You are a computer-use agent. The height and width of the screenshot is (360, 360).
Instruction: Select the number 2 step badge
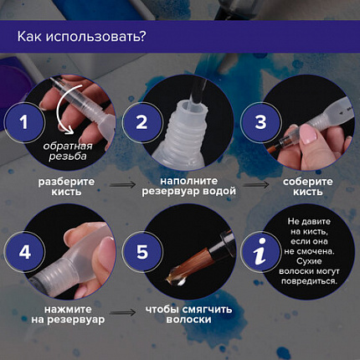click(141, 121)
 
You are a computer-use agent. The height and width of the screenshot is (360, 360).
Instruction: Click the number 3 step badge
click(260, 121)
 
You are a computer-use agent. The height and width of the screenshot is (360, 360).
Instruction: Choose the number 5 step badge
click(141, 250)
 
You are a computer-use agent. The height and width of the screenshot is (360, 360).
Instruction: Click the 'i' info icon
click(260, 250)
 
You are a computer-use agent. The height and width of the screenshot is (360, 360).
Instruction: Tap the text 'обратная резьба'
click(69, 153)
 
